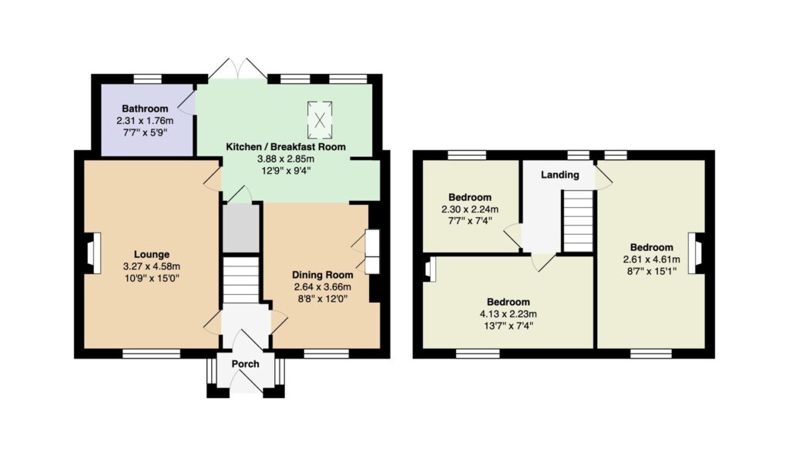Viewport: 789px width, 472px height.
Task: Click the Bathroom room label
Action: click(x=145, y=109)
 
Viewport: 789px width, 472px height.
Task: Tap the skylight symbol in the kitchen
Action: click(x=320, y=119)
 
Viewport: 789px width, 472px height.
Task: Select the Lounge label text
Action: click(x=152, y=254)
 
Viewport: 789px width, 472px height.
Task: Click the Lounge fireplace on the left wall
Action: click(x=92, y=253)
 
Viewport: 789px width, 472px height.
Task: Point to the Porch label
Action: click(x=246, y=364)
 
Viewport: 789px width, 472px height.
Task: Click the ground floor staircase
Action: click(x=241, y=280)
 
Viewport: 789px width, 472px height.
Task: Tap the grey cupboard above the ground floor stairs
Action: click(x=241, y=228)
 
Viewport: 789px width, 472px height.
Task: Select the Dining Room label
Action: click(x=323, y=275)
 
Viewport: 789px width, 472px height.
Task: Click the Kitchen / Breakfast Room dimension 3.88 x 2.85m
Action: click(x=286, y=159)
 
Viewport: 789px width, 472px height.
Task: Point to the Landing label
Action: click(x=560, y=175)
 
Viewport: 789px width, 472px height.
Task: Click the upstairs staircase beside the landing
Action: click(x=578, y=220)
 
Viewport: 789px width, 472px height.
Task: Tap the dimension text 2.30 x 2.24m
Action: click(x=470, y=209)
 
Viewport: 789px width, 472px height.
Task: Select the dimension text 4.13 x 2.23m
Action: click(x=509, y=314)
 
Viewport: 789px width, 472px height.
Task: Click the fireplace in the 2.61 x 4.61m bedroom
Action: click(x=697, y=253)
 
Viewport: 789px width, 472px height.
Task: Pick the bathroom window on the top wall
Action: click(x=148, y=79)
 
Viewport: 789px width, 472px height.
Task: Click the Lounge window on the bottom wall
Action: click(x=152, y=354)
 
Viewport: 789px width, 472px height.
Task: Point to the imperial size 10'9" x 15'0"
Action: click(x=152, y=278)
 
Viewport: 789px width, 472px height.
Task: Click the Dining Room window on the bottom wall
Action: click(x=327, y=354)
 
